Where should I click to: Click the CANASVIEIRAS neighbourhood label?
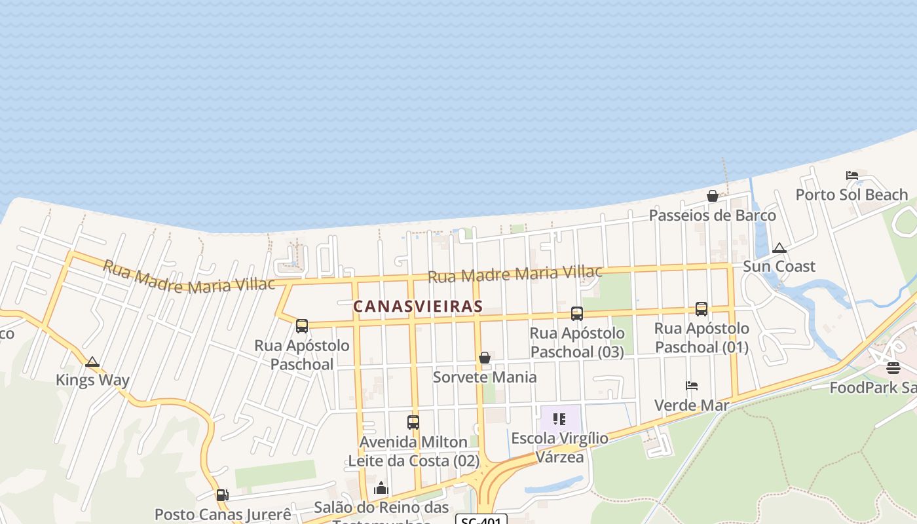point(418,306)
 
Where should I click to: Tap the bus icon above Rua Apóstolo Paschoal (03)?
point(576,314)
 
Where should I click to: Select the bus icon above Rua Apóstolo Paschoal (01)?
point(701,309)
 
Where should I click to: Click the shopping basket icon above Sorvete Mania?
point(485,358)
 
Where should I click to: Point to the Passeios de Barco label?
point(712,215)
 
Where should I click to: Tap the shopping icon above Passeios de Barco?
point(712,196)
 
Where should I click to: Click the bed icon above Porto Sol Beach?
point(851,176)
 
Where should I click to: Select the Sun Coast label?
point(779,266)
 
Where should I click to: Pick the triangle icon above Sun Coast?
point(779,248)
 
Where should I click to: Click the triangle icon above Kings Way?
point(92,362)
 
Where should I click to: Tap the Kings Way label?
point(92,380)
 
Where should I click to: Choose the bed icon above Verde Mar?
point(692,386)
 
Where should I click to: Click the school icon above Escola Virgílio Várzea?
point(559,419)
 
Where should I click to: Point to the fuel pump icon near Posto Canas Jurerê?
point(223,495)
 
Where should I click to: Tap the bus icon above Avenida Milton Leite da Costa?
point(413,422)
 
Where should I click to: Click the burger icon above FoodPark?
point(893,368)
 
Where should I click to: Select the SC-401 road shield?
point(481,520)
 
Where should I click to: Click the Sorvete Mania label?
point(485,377)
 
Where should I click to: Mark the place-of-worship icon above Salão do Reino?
point(381,488)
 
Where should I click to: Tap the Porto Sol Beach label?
point(851,195)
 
